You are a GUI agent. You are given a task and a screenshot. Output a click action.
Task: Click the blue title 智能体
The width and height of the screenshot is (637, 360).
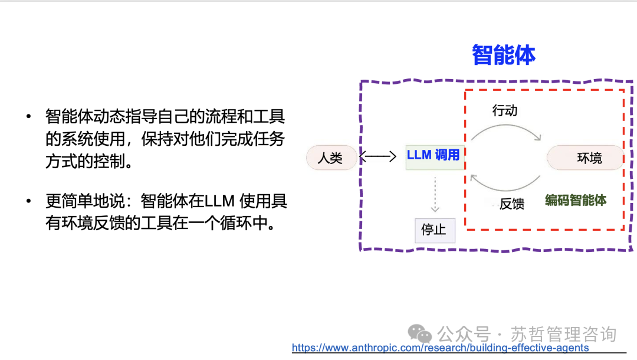(504, 55)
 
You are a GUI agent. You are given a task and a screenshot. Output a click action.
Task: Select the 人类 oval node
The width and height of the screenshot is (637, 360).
(330, 158)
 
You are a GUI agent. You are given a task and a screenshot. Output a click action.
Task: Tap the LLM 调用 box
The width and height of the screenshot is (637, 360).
(434, 155)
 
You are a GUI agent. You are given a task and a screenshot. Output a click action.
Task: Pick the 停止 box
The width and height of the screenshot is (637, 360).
(434, 229)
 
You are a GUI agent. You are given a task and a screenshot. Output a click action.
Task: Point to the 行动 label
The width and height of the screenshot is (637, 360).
(505, 111)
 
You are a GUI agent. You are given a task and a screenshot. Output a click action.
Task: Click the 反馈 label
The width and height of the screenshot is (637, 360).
(511, 204)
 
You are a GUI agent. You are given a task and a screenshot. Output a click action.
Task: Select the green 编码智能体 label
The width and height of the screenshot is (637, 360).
(576, 200)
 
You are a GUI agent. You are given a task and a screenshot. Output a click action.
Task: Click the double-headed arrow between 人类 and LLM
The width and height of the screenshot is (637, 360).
(377, 157)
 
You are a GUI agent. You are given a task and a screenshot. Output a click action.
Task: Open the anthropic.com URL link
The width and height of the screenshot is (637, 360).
(440, 348)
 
